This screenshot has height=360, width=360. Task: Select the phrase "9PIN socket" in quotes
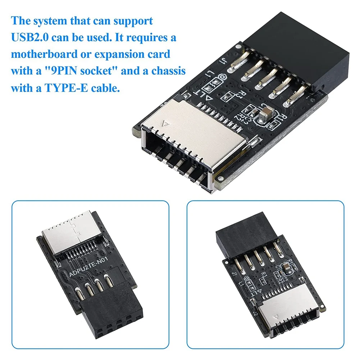tap(76, 71)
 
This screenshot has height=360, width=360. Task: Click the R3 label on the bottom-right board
tap(264, 274)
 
